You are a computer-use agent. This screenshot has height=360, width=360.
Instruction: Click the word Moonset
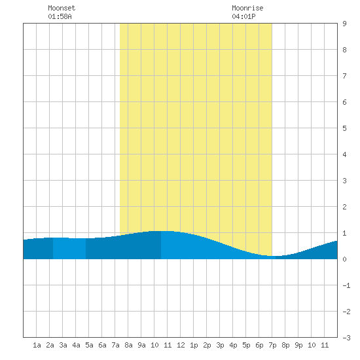(62, 8)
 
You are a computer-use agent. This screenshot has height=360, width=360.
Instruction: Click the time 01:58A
(60, 16)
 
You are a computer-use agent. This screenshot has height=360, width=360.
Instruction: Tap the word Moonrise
(247, 8)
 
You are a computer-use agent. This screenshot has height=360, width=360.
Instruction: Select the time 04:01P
(243, 16)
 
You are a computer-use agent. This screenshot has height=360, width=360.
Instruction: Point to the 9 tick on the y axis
(344, 24)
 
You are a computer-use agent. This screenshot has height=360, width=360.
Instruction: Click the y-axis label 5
(344, 128)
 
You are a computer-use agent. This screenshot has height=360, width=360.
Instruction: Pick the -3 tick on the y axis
(346, 338)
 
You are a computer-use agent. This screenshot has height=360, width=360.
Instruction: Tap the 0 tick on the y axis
(344, 259)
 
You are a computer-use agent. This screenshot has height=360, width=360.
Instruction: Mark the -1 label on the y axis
(346, 285)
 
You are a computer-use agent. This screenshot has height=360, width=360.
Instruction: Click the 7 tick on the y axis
(344, 76)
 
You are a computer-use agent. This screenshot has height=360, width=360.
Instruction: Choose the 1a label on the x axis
(37, 345)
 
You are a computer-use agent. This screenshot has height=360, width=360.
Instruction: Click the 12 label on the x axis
(181, 345)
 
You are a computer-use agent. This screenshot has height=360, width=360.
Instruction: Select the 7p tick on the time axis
(272, 345)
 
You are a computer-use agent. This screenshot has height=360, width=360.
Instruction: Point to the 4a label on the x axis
(76, 345)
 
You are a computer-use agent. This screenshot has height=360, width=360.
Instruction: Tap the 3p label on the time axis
(220, 345)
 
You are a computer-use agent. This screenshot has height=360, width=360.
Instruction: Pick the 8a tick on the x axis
(128, 345)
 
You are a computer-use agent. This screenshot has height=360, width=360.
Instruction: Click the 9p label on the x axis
(298, 345)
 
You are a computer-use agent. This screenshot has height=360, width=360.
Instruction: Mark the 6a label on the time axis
(102, 345)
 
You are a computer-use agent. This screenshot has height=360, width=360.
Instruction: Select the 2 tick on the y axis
(344, 207)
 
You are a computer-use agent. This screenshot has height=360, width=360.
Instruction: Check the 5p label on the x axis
(246, 345)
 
